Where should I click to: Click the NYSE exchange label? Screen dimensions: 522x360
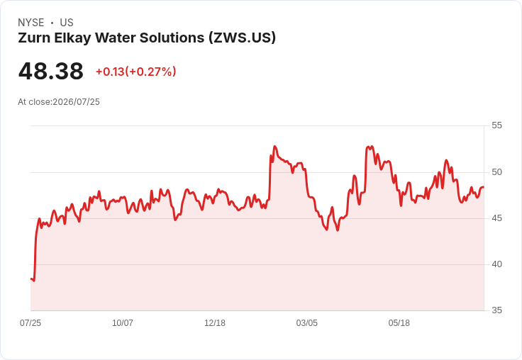[x=31, y=23]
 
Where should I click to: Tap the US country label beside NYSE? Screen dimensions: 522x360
[x=67, y=23]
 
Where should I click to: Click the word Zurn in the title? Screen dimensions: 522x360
[x=33, y=38]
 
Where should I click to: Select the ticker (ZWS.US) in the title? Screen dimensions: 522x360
[x=243, y=38]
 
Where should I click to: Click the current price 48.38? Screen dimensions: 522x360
[x=51, y=71]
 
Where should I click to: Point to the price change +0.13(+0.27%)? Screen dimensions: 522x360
[x=136, y=72]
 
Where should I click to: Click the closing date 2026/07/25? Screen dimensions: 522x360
[x=76, y=102]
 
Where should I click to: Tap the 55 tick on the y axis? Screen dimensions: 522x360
[x=496, y=125]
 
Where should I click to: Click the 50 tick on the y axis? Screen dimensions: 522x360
[x=496, y=172]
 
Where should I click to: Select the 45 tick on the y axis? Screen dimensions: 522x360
[x=496, y=218]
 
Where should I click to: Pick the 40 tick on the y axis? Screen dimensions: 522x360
[x=496, y=264]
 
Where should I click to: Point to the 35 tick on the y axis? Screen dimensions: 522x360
[x=496, y=310]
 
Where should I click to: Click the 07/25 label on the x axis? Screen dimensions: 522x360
[x=30, y=323]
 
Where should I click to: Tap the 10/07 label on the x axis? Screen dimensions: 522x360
[x=123, y=323]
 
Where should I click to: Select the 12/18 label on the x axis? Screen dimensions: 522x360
[x=215, y=323]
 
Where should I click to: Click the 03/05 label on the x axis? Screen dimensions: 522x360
[x=307, y=323]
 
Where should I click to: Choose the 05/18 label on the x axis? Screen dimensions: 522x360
[x=399, y=323]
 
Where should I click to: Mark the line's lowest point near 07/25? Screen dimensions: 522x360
[x=34, y=281]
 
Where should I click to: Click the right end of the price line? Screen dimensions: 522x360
[x=484, y=187]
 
